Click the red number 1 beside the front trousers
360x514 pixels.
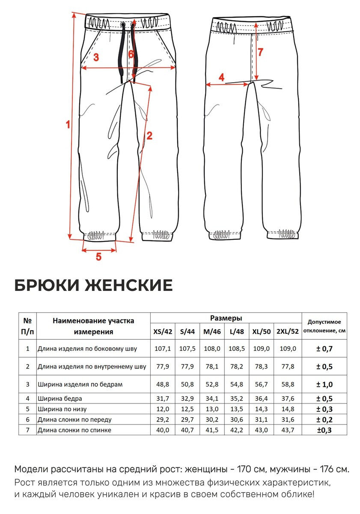[x=68, y=125]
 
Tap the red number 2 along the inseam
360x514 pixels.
[x=149, y=136]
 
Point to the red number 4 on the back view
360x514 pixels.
[x=221, y=78]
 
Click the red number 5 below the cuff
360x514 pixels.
[x=98, y=257]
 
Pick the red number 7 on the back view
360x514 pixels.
[x=261, y=52]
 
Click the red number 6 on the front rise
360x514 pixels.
[x=131, y=54]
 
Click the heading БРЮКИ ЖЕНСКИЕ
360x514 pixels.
[x=94, y=285]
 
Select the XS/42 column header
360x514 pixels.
[x=162, y=332]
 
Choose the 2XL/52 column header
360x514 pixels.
[x=288, y=332]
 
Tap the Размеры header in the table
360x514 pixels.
[x=226, y=318]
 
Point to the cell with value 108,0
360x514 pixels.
[x=212, y=349]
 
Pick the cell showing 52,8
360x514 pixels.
[x=212, y=384]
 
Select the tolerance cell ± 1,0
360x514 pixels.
[x=324, y=384]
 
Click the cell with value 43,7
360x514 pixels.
[x=288, y=430]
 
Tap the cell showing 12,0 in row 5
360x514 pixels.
[x=162, y=409]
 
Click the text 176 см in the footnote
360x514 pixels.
[x=330, y=469]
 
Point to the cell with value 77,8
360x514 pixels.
[x=288, y=367]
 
